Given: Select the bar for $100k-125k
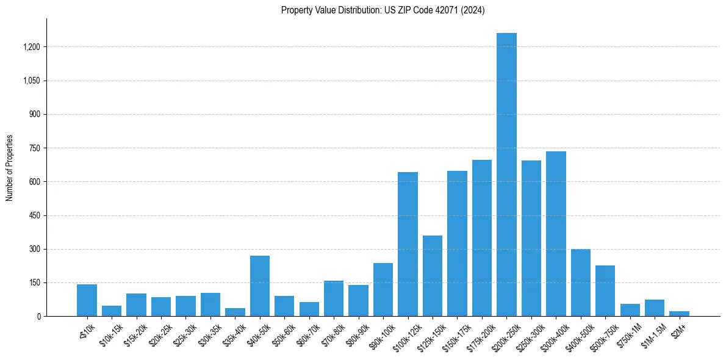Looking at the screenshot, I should tap(408, 244).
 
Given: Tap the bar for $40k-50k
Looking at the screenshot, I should tap(260, 286).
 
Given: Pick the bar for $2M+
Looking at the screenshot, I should tap(679, 314).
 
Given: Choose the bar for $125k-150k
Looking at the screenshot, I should tap(433, 276).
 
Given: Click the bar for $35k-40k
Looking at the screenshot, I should tap(235, 312).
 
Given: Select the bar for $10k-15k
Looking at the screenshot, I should tap(112, 311).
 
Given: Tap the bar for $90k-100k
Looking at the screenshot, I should tap(383, 289).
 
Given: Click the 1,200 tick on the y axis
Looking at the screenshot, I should tap(32, 47).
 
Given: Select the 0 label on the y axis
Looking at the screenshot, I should tap(38, 316).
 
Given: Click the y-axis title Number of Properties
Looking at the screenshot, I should tap(10, 167).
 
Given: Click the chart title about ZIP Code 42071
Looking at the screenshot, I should tap(383, 10).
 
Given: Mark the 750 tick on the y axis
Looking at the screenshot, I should tap(35, 148).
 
